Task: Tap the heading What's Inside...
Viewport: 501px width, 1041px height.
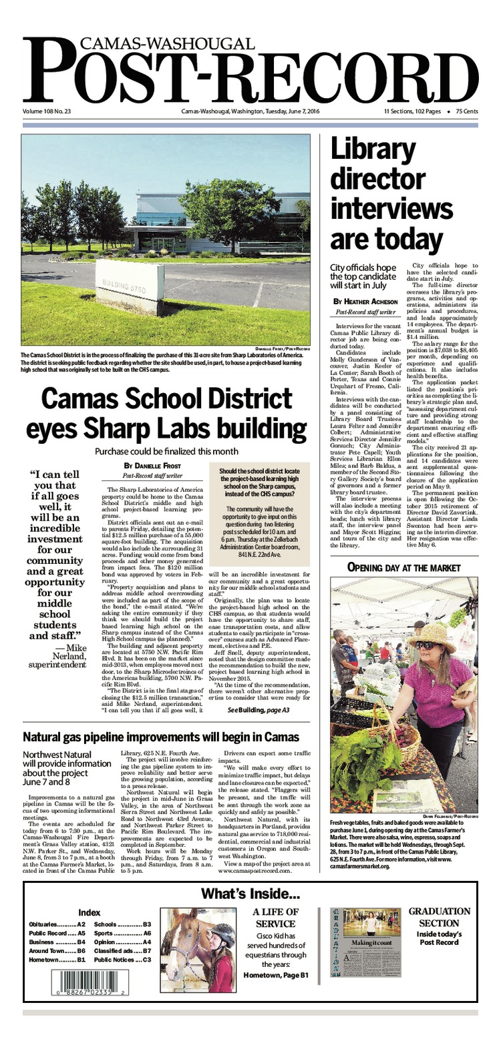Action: point(251,894)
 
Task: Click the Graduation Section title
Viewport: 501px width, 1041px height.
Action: point(439,917)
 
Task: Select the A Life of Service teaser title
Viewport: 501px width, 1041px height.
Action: point(275,918)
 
